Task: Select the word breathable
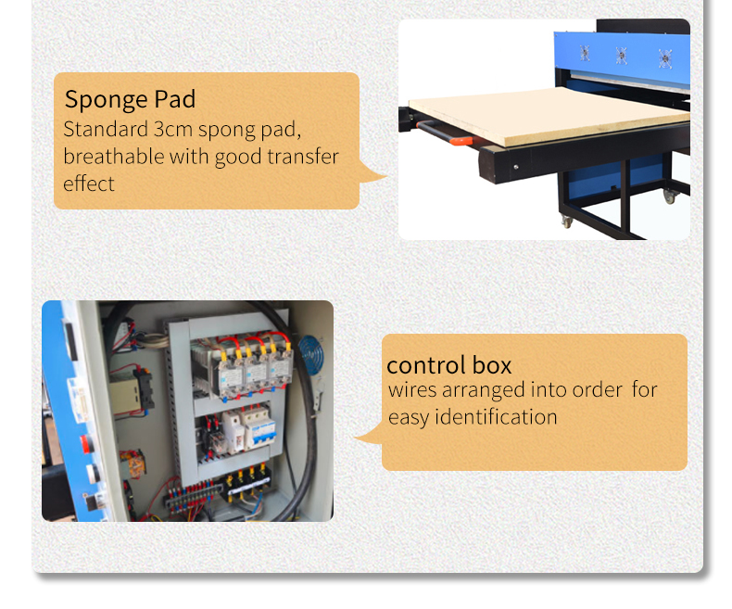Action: [113, 157]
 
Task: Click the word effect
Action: [89, 184]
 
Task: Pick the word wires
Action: [412, 390]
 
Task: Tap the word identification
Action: [496, 416]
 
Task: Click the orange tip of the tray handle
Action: [461, 141]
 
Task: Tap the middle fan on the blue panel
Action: [621, 56]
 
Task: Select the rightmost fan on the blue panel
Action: [664, 58]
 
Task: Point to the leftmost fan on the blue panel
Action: [585, 53]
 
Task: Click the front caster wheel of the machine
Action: [567, 222]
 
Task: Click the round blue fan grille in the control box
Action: [311, 354]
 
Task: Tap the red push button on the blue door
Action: [85, 444]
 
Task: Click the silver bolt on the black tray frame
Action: [516, 167]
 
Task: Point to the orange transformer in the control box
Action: [133, 463]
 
